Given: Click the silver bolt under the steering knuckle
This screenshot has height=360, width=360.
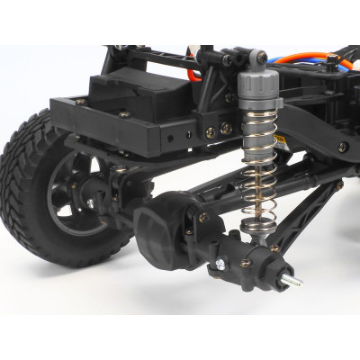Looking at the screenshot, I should point(217,267).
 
